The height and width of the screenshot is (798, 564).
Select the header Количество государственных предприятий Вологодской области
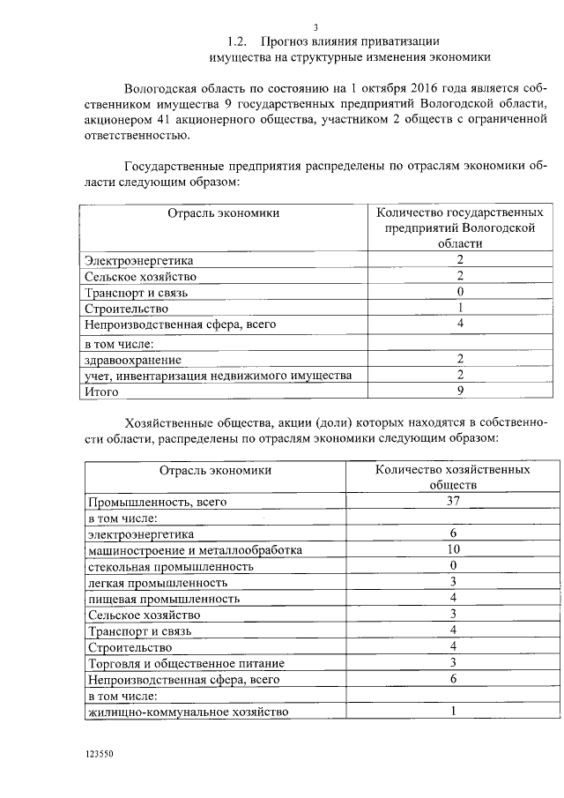[459, 228]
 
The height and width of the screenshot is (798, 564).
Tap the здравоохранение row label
[133, 359]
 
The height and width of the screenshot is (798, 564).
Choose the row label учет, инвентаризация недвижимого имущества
[218, 375]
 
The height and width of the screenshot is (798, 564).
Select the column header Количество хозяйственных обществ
[453, 477]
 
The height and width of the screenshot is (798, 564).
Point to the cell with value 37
[453, 502]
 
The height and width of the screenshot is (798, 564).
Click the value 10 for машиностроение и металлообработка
[453, 550]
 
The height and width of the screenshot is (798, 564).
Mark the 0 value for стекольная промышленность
[453, 566]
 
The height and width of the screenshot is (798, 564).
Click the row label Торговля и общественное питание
[185, 663]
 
